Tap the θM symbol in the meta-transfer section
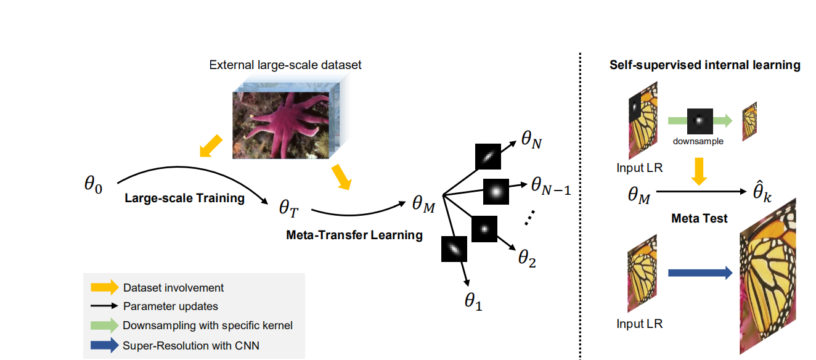pyautogui.click(x=423, y=204)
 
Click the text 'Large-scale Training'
pyautogui.click(x=184, y=198)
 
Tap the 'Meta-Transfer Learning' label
pyautogui.click(x=354, y=234)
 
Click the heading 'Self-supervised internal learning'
pyautogui.click(x=704, y=65)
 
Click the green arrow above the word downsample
pyautogui.click(x=700, y=121)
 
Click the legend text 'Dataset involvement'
pyautogui.click(x=173, y=288)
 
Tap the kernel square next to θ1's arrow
pyautogui.click(x=454, y=249)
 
